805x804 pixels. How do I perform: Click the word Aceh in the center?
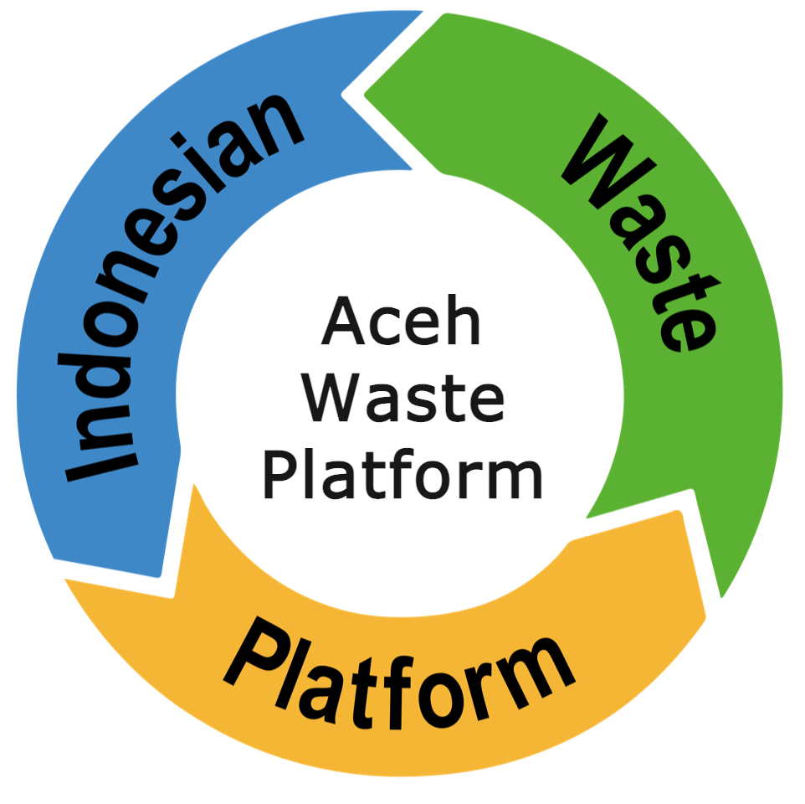402,320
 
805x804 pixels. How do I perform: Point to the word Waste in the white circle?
403,398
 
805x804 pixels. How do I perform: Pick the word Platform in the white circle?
402,474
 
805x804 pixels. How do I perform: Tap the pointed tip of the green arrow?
721,597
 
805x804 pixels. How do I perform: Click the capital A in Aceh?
343,320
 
